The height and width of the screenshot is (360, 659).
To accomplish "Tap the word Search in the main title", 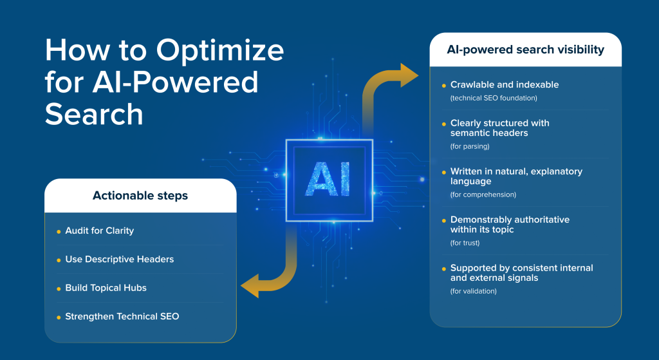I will coord(94,115).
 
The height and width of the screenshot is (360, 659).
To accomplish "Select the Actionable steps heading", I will coord(140,195).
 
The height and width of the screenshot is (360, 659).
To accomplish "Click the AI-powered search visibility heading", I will coord(525,50).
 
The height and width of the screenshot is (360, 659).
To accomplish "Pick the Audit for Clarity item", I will coord(99,231).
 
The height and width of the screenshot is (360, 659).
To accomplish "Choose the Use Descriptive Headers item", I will coord(119,259).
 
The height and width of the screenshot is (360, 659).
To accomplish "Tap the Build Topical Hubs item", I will coord(106,288).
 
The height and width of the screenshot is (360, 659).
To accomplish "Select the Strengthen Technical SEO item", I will coord(122,316).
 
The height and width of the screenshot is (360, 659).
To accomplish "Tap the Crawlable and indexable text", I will coord(504,84).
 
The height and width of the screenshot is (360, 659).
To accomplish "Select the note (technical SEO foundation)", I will coord(493,98).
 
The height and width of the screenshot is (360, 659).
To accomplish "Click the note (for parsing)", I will coord(469,146).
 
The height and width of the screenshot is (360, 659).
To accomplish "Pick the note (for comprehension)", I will coord(483,194).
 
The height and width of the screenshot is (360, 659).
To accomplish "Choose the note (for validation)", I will coord(473,291).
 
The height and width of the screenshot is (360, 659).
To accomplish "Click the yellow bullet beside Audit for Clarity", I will coord(59,231).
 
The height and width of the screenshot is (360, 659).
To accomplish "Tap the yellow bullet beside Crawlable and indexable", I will coord(443,85).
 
